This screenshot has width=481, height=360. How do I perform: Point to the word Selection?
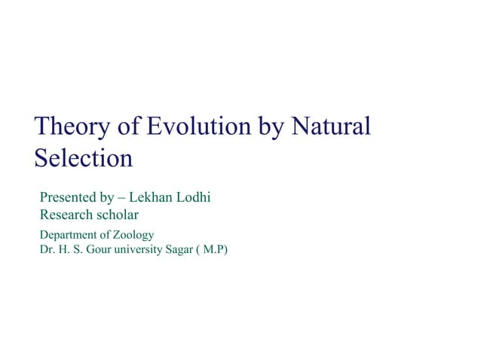pos(83,158)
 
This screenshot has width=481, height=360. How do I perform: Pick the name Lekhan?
pos(152,198)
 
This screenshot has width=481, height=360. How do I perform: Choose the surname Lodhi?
pos(193,198)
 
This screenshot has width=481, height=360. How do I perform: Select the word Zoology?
pos(133,235)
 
